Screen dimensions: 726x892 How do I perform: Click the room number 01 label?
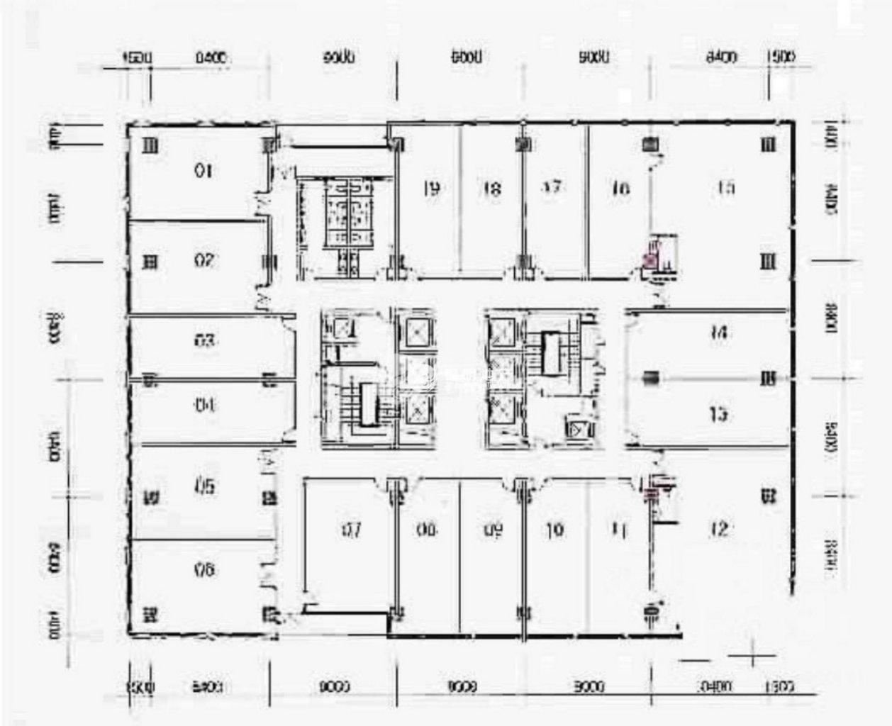204,170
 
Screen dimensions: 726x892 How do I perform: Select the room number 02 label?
204,261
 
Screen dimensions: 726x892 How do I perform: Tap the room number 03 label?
204,341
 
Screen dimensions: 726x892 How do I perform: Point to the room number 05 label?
204,487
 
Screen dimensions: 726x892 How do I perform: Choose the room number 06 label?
204,569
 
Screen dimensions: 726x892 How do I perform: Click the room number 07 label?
352,530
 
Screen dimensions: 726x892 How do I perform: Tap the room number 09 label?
494,530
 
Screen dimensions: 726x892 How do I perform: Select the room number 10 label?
555,530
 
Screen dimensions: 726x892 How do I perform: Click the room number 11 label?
619,529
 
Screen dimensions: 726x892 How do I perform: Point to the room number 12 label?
719,529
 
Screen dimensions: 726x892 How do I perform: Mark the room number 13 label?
719,413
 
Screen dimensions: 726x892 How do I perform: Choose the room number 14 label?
719,331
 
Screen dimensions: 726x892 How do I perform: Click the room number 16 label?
620,189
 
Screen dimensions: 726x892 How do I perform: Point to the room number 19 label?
430,189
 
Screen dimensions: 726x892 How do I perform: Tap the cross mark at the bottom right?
753,657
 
